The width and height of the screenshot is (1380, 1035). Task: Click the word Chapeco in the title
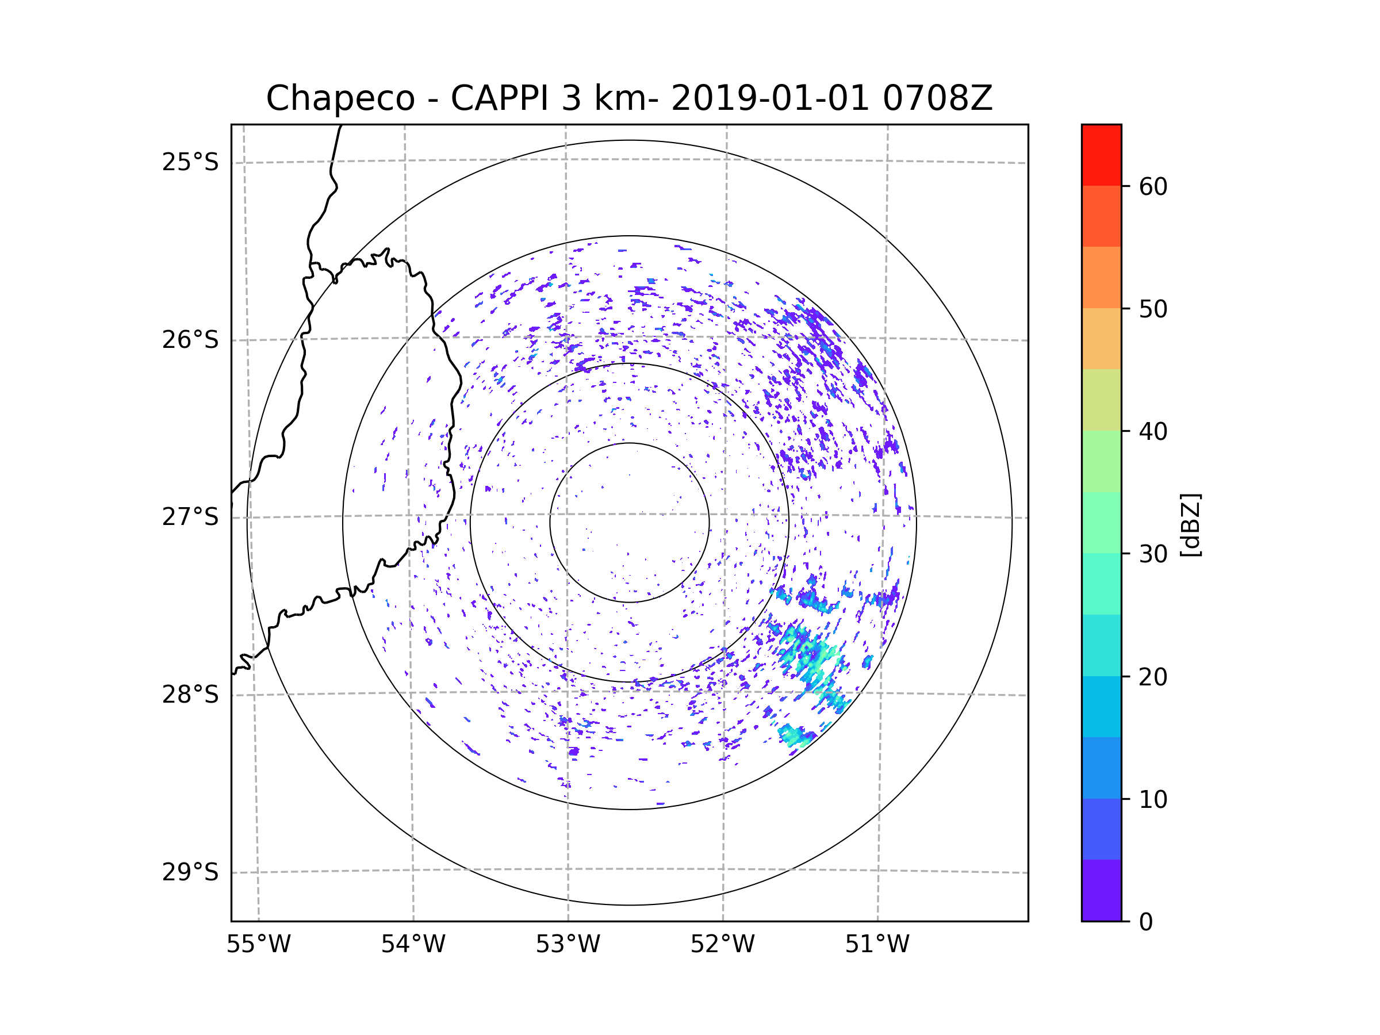pyautogui.click(x=340, y=98)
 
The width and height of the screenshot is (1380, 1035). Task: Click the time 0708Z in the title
pyautogui.click(x=937, y=98)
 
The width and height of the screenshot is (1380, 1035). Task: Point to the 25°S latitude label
pyautogui.click(x=190, y=162)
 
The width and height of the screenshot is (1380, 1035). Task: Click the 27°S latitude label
pyautogui.click(x=190, y=516)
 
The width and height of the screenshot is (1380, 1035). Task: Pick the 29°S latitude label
pyautogui.click(x=190, y=872)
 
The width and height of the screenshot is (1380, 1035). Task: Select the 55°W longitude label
pyautogui.click(x=258, y=944)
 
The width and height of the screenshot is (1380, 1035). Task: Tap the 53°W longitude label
pyautogui.click(x=568, y=944)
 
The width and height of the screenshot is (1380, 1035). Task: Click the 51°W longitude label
pyautogui.click(x=877, y=944)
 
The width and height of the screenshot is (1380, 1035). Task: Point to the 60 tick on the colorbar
pyautogui.click(x=1153, y=186)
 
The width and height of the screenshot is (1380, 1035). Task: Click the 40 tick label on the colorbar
pyautogui.click(x=1153, y=431)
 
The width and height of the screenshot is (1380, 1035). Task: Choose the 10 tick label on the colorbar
pyautogui.click(x=1153, y=799)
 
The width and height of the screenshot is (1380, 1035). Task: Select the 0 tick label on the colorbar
pyautogui.click(x=1146, y=922)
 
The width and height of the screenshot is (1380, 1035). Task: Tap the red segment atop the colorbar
pyautogui.click(x=1101, y=155)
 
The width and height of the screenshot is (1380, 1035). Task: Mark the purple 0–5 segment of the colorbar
pyautogui.click(x=1101, y=890)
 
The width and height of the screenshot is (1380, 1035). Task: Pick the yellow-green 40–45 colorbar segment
pyautogui.click(x=1101, y=399)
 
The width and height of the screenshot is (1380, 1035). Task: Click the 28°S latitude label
pyautogui.click(x=190, y=694)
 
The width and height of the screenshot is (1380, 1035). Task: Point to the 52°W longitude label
pyautogui.click(x=722, y=944)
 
